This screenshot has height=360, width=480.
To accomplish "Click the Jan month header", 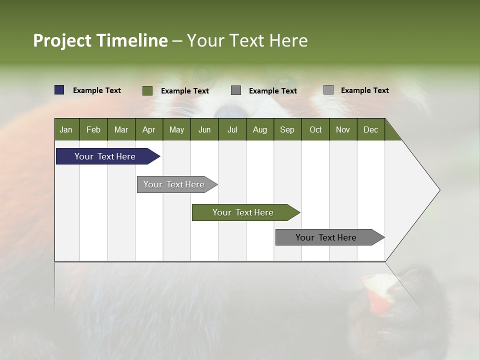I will click(66, 129).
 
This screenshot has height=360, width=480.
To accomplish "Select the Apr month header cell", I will click(149, 129).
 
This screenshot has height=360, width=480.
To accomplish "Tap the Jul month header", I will click(232, 129).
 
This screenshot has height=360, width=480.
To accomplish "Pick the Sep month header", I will click(287, 129).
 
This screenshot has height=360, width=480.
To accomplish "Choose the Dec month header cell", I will click(370, 129).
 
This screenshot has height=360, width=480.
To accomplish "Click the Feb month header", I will click(93, 129).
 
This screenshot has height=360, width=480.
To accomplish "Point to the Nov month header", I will click(343, 129).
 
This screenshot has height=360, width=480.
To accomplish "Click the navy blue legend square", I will click(59, 90).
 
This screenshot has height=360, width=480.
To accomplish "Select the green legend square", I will click(147, 90).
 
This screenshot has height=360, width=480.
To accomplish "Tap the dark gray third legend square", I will click(236, 90).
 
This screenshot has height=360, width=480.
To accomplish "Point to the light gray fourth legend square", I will click(328, 90).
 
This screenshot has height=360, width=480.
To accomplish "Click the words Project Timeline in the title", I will click(100, 40).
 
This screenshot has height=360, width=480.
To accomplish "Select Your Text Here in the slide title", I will click(247, 40).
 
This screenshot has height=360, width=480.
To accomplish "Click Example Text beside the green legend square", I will click(185, 91).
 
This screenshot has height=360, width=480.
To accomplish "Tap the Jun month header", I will click(204, 129).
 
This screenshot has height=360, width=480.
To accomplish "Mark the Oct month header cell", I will click(315, 129).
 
